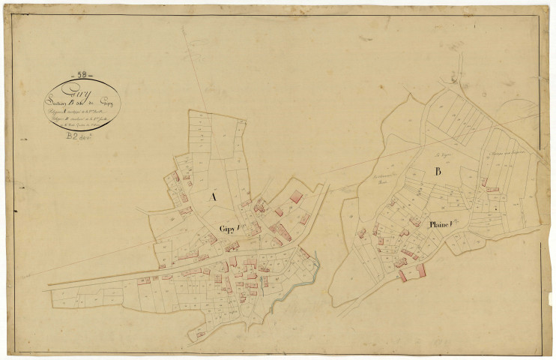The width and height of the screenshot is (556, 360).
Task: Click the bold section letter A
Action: (x=213, y=196)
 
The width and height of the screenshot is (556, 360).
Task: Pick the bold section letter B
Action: (x=438, y=172)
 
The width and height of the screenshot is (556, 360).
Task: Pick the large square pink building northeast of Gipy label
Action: (x=296, y=197)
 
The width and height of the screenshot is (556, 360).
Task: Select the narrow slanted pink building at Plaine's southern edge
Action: (x=402, y=276)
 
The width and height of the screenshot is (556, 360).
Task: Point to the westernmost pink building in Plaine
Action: (x=362, y=233)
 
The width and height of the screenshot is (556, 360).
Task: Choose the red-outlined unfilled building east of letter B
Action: (x=492, y=189)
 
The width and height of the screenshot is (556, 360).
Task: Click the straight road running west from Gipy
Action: (x=97, y=278)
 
